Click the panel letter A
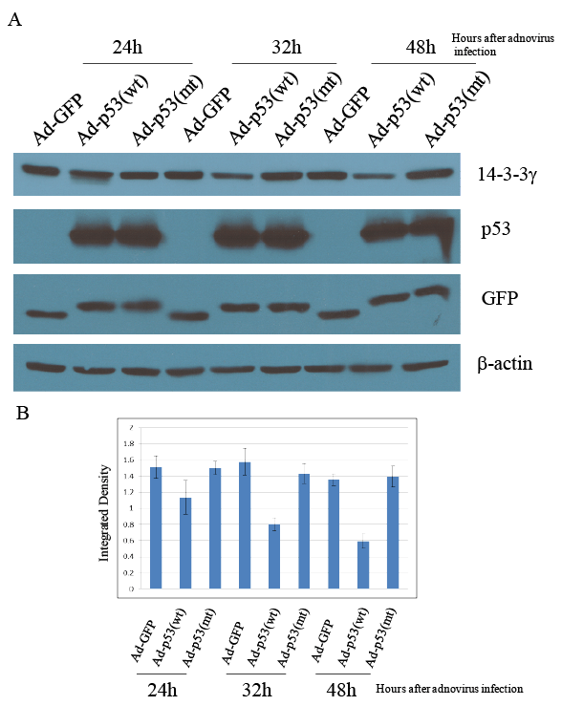(15, 19)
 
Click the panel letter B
(23, 413)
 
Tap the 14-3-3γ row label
(508, 175)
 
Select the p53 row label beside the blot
(496, 230)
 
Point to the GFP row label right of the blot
(500, 298)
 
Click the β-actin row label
(505, 364)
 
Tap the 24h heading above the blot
(127, 47)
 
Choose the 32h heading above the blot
(287, 47)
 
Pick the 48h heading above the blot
(421, 47)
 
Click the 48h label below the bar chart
(341, 690)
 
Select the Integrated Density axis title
(104, 513)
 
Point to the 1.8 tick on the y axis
(129, 444)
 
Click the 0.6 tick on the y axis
(129, 541)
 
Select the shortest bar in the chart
(363, 565)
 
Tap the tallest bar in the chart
(245, 525)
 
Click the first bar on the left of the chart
(156, 527)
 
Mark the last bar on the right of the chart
(393, 533)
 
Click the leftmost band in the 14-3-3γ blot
(40, 170)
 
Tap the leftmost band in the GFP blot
(46, 314)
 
